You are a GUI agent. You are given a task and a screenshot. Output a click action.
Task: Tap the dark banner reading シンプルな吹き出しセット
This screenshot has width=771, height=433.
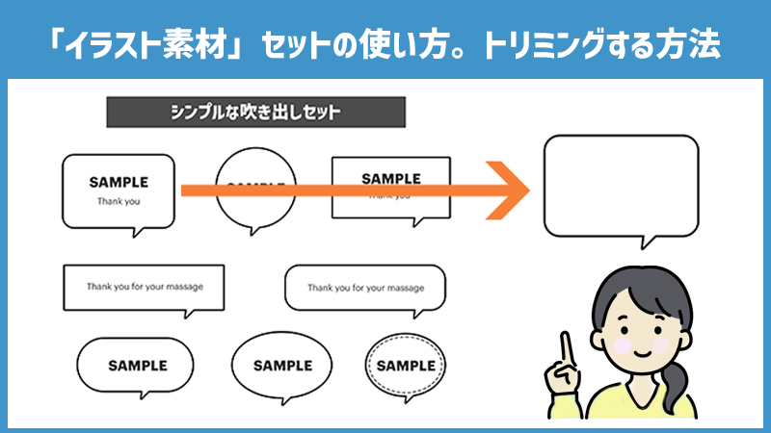click(255, 112)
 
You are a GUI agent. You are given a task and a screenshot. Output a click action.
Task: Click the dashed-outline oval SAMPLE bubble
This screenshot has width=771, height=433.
click(406, 366)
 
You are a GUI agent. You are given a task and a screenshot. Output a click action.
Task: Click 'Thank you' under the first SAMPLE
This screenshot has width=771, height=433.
click(119, 202)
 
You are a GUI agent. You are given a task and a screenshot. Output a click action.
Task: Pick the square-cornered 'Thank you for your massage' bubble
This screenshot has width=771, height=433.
click(144, 287)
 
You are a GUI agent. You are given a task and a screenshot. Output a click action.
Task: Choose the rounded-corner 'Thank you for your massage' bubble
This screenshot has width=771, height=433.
click(365, 288)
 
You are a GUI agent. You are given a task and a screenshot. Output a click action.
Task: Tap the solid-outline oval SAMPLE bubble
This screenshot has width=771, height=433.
click(281, 366)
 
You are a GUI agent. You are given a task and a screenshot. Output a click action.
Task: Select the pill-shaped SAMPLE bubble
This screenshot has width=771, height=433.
click(137, 366)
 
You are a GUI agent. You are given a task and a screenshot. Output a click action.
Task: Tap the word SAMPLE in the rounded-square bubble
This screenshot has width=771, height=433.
click(119, 181)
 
